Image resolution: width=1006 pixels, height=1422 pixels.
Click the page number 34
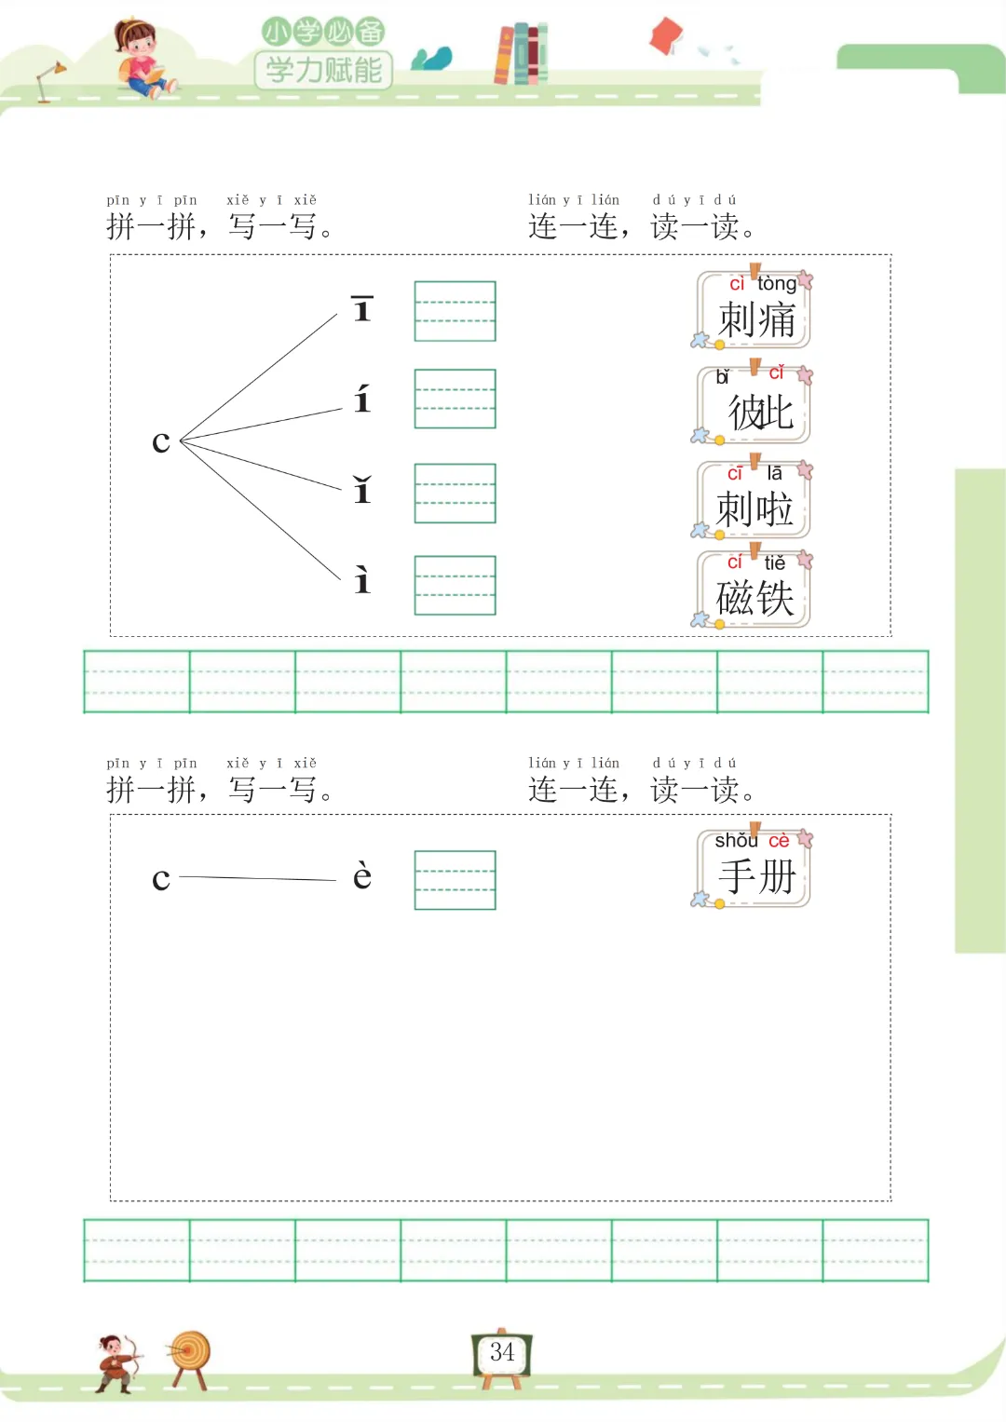(x=502, y=1352)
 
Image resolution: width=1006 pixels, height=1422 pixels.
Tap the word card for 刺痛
(x=754, y=311)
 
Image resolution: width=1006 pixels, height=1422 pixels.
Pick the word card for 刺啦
(x=754, y=502)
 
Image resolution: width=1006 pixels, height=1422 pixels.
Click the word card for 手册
(x=754, y=869)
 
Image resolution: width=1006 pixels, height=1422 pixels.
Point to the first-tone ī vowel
(x=362, y=308)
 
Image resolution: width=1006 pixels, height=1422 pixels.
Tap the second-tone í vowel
(x=362, y=400)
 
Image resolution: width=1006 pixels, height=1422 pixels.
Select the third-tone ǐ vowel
(x=362, y=490)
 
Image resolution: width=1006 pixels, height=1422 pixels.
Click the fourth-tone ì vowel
(x=362, y=580)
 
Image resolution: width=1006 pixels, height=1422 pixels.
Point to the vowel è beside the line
(x=362, y=876)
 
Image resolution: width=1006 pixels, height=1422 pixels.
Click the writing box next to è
(x=455, y=880)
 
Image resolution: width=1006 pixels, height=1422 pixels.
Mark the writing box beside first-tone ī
(x=455, y=311)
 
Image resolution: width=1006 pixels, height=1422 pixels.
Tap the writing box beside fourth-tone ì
(x=455, y=586)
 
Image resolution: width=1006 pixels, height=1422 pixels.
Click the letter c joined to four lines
(x=161, y=441)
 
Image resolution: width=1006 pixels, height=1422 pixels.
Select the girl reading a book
(x=140, y=58)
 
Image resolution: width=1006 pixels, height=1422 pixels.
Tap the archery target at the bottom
(x=190, y=1356)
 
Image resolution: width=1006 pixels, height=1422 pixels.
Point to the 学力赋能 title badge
(x=323, y=69)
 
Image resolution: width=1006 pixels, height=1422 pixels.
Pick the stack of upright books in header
(x=521, y=53)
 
